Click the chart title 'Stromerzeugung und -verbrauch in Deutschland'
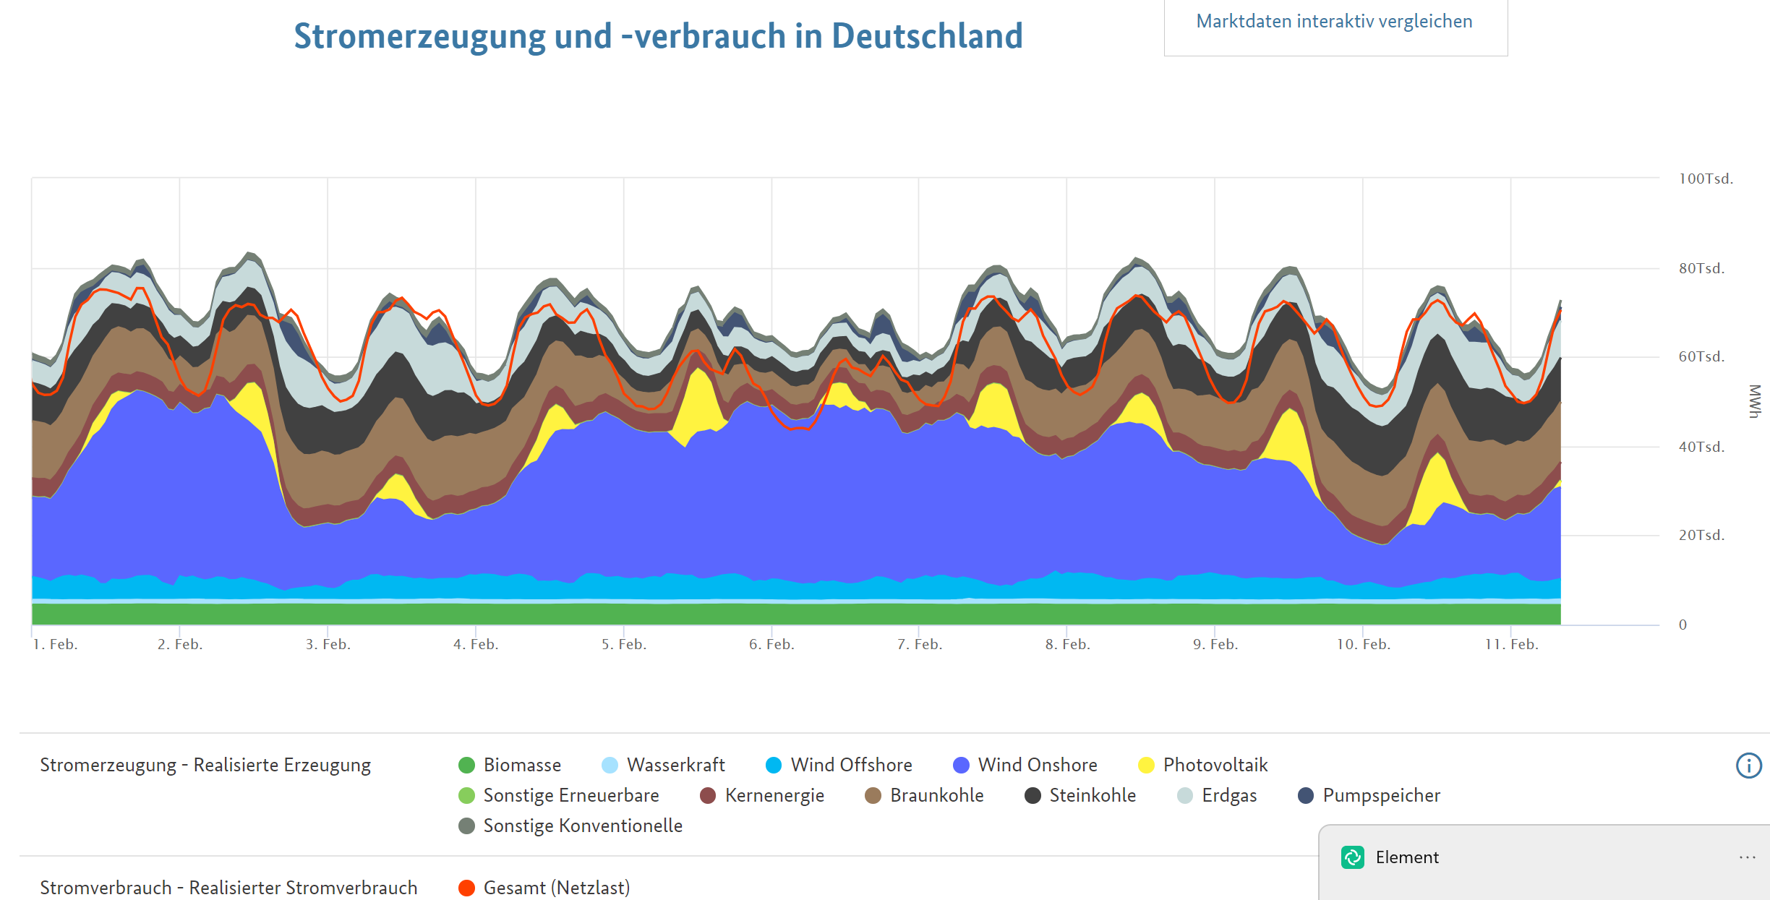[x=658, y=36]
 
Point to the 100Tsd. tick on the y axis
[x=1706, y=179]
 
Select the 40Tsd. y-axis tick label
[x=1701, y=447]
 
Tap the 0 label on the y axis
[x=1683, y=625]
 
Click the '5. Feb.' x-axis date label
[x=624, y=644]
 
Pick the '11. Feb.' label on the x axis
[x=1511, y=644]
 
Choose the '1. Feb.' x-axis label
[x=55, y=644]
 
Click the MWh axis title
[x=1755, y=401]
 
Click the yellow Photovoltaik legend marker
[x=1146, y=765]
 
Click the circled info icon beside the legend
[x=1748, y=766]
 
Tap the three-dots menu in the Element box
[x=1747, y=857]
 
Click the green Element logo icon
[x=1353, y=857]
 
